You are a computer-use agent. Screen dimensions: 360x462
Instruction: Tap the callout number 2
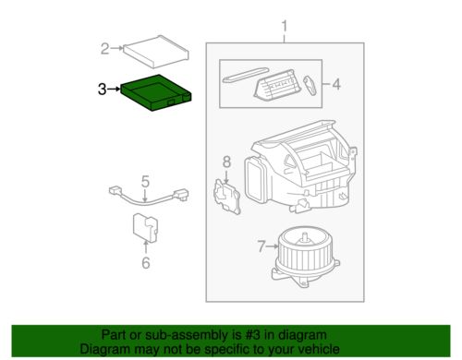(x=104, y=48)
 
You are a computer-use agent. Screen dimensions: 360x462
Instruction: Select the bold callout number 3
(x=102, y=90)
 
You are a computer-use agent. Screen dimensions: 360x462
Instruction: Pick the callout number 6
(x=144, y=263)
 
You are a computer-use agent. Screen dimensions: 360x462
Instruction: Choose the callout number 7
(x=262, y=246)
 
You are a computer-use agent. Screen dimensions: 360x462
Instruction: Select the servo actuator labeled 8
(x=226, y=197)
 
